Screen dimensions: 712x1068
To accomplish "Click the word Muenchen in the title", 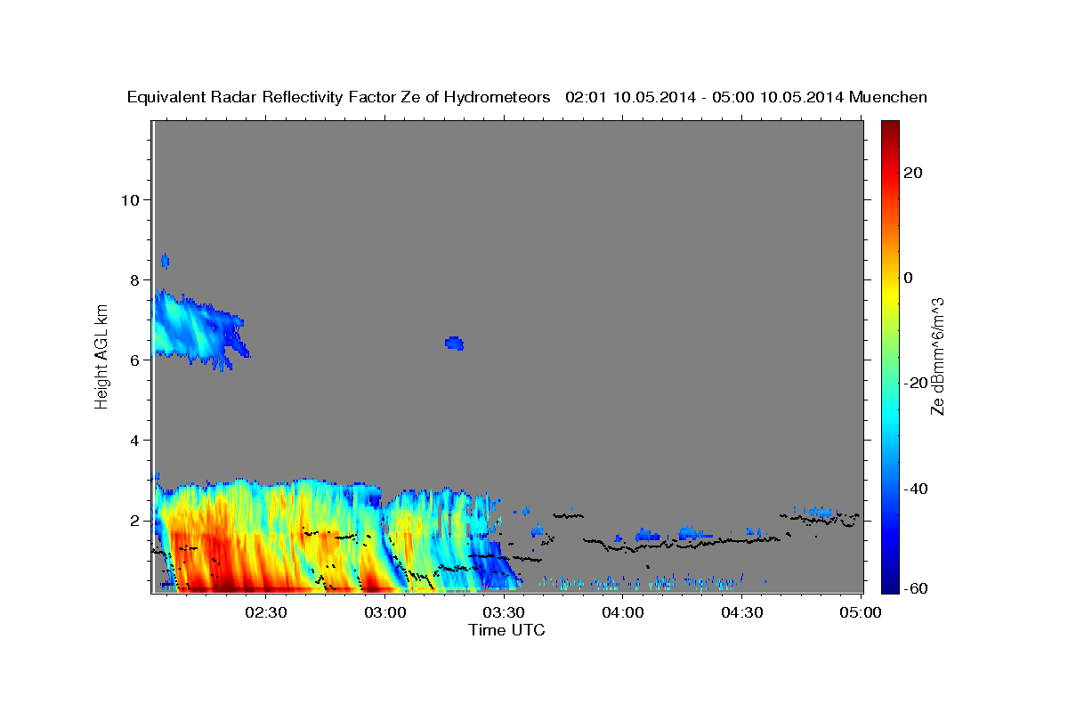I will (x=888, y=97).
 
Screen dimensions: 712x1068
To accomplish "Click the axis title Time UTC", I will (x=506, y=630).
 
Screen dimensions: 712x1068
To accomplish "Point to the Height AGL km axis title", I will (x=102, y=356).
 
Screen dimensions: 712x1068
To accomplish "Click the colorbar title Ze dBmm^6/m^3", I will (x=937, y=356).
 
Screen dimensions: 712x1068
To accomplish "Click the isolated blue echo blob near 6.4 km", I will (x=455, y=343).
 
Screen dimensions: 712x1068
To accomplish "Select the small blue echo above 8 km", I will (x=165, y=262).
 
